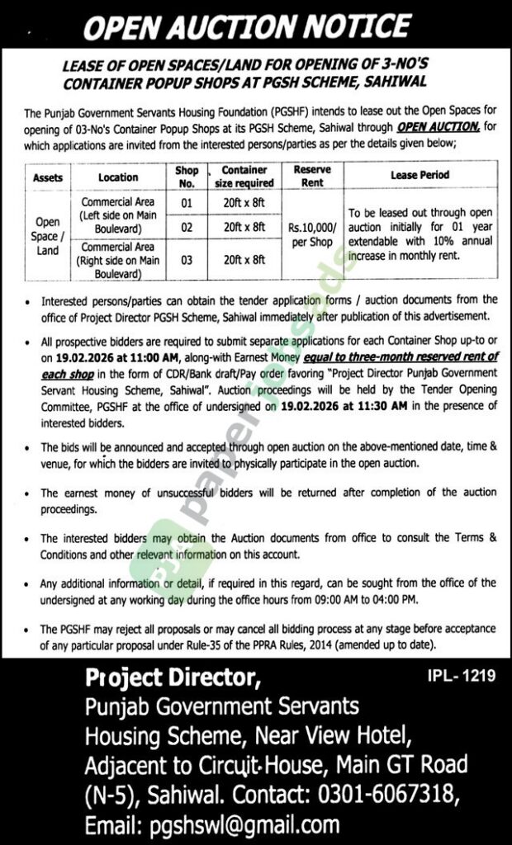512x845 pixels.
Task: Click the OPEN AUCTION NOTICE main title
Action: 255,31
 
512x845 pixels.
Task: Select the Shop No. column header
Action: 187,177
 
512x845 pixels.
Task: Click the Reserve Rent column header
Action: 312,177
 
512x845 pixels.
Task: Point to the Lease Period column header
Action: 420,176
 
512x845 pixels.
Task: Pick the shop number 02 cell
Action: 187,225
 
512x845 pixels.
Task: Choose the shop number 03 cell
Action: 187,259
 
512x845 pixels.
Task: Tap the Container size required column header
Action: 247,177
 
